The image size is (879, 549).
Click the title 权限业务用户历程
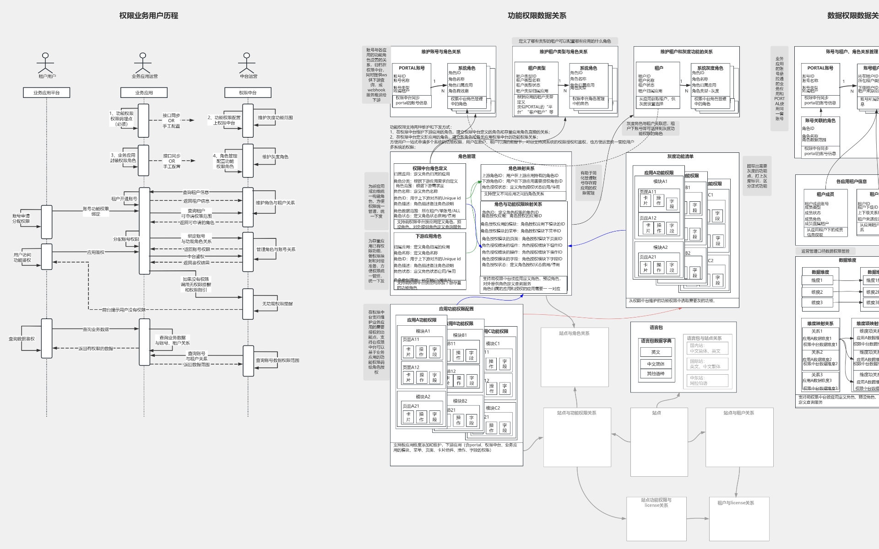149,16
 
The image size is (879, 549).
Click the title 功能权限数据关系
537,16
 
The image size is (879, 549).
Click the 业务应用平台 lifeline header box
46,93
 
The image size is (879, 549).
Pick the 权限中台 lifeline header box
248,93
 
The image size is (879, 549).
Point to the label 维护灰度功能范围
275,118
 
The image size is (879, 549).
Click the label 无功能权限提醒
277,304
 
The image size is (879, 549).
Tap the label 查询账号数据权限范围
277,361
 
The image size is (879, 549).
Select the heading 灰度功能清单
680,156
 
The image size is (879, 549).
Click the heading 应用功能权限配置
456,309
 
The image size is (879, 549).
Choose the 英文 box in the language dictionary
656,352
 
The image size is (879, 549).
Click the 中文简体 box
656,364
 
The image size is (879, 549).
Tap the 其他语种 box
656,374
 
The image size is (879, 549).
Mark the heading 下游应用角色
428,237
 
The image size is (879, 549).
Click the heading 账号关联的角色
819,121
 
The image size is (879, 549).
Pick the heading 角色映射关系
521,168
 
